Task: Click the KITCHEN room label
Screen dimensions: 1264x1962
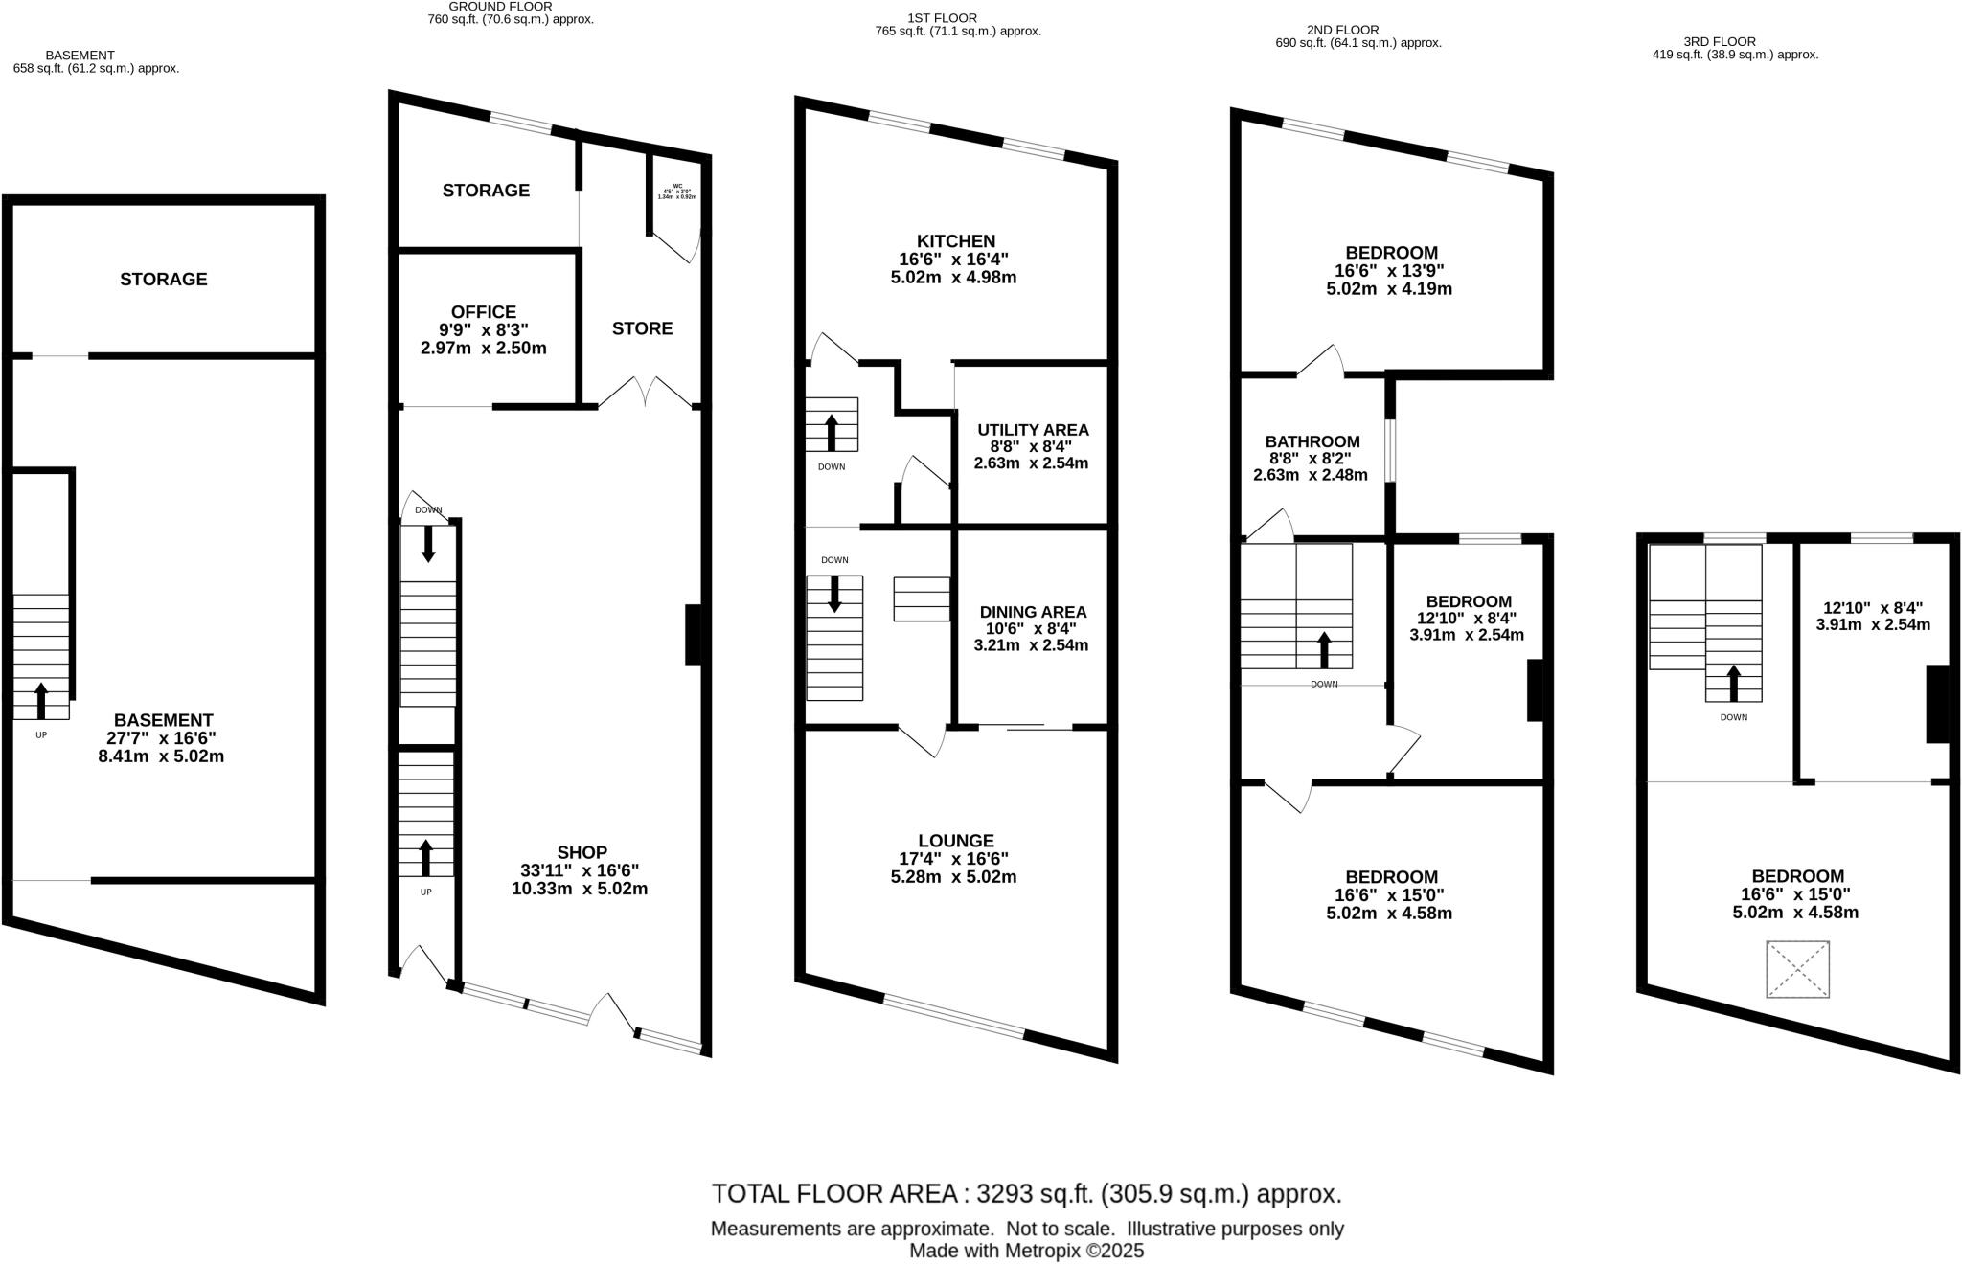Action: pyautogui.click(x=955, y=241)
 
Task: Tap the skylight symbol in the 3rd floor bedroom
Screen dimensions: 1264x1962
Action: pyautogui.click(x=1797, y=969)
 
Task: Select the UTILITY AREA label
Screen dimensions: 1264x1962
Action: pyautogui.click(x=1033, y=430)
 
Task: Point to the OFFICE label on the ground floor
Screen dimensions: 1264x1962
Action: pyautogui.click(x=484, y=312)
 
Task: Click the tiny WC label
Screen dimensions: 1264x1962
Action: pyautogui.click(x=677, y=187)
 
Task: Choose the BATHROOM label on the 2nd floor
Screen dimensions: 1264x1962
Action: pyautogui.click(x=1312, y=441)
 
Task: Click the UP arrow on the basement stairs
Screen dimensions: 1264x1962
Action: pyautogui.click(x=41, y=700)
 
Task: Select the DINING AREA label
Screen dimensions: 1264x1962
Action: pyautogui.click(x=1033, y=612)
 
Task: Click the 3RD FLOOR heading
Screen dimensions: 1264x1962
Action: pyautogui.click(x=1719, y=41)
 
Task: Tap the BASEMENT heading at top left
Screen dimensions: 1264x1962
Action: pyautogui.click(x=80, y=56)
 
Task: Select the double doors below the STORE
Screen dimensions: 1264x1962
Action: pyautogui.click(x=646, y=393)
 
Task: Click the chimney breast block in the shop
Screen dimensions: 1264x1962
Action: pyautogui.click(x=694, y=634)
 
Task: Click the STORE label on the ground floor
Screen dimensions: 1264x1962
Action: pyautogui.click(x=642, y=328)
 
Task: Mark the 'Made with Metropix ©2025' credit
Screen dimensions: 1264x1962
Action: pyautogui.click(x=1026, y=1251)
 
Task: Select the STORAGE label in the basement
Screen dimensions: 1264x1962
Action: pyautogui.click(x=163, y=279)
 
